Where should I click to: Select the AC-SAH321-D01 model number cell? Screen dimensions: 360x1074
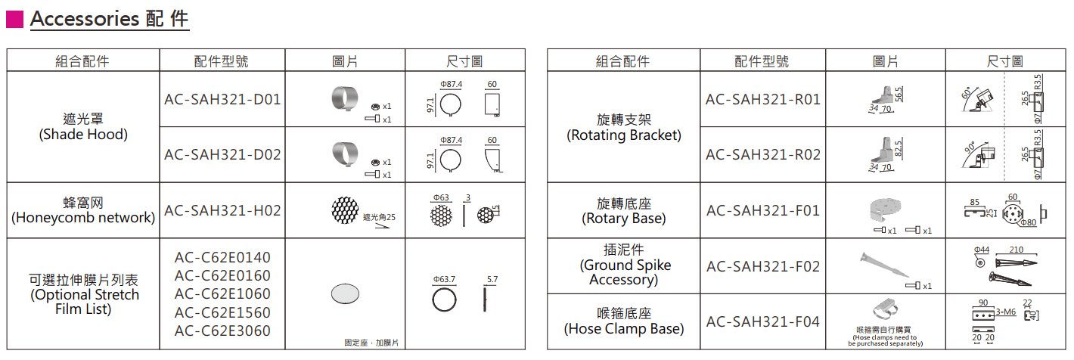(x=222, y=99)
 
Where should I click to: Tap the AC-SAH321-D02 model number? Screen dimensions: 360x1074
(x=222, y=154)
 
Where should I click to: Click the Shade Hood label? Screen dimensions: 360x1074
(x=83, y=127)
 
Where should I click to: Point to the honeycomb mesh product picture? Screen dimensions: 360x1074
(x=345, y=210)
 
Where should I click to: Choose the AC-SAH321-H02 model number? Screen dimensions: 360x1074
(x=222, y=210)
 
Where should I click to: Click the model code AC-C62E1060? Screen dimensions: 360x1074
(x=222, y=293)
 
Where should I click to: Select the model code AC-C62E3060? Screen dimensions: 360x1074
(x=222, y=331)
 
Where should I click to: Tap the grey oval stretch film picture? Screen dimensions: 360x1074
(x=345, y=293)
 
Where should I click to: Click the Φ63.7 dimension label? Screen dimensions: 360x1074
(x=444, y=280)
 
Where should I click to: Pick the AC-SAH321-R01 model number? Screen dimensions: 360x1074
(x=762, y=99)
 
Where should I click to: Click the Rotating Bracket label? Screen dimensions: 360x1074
(x=623, y=127)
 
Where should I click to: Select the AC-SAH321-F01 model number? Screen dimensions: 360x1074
(x=762, y=210)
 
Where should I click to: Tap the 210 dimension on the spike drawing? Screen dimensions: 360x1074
(x=1016, y=250)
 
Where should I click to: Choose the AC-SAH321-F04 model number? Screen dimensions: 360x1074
(x=762, y=321)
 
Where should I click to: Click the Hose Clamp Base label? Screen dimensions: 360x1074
(x=623, y=321)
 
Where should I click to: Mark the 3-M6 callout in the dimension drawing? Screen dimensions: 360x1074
(x=1005, y=312)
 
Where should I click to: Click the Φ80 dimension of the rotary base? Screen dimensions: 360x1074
(x=1028, y=222)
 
